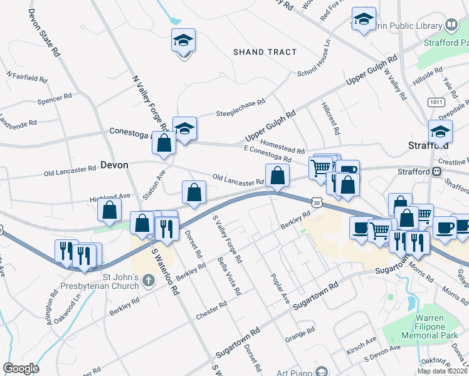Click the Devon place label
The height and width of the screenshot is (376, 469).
pos(114,165)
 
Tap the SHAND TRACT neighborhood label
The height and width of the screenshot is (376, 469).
pos(265,52)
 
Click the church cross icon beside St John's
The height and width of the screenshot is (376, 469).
pos(147,279)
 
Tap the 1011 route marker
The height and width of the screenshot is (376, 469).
pos(436,102)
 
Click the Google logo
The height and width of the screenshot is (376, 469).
pos(21,368)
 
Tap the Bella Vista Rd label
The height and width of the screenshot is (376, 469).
pos(229,276)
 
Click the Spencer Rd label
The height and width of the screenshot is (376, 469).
pos(55,98)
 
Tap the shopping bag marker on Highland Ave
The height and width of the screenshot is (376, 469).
pos(110,210)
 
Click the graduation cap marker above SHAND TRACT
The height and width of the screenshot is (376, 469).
pos(184,40)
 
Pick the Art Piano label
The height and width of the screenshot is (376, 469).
pos(295,372)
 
